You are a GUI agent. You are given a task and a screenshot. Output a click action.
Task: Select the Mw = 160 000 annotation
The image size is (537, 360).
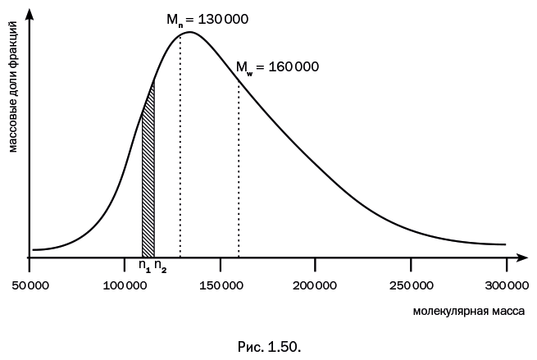click(x=277, y=66)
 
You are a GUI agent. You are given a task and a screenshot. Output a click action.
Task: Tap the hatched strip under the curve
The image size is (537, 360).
click(x=148, y=180)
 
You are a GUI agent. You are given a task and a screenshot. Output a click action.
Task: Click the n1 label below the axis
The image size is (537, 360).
click(x=144, y=266)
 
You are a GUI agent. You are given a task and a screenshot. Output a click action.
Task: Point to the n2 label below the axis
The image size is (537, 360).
click(x=160, y=266)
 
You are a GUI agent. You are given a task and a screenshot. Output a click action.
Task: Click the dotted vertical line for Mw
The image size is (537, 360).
click(x=239, y=180)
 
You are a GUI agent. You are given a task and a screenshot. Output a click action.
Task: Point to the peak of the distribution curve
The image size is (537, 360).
click(x=190, y=33)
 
